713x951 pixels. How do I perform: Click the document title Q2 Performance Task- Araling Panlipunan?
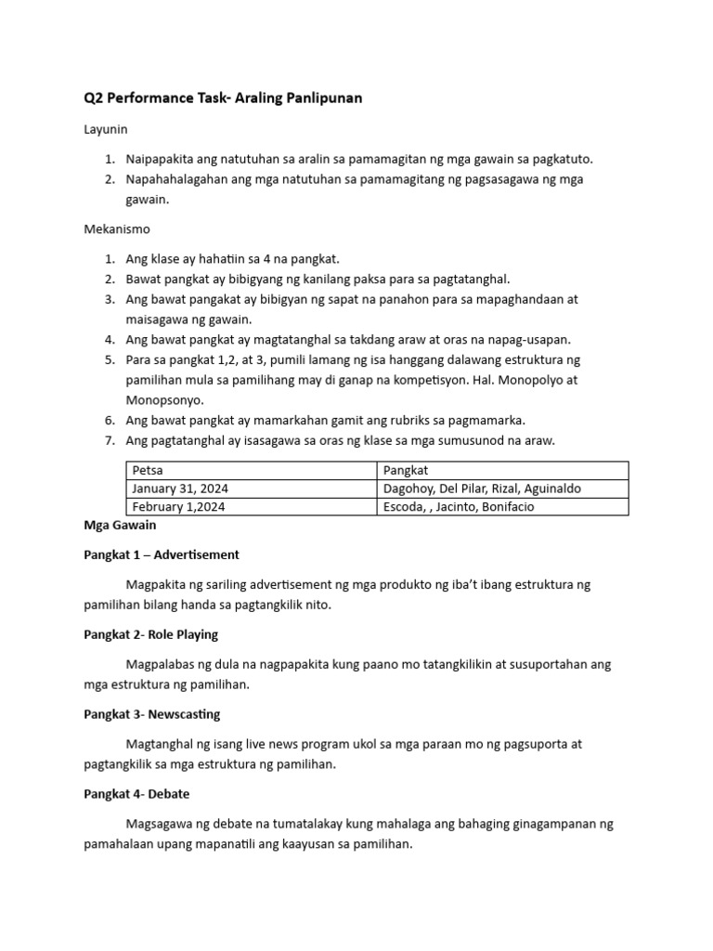point(223,98)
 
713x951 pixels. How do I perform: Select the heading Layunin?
point(105,129)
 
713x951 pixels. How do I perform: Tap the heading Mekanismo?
point(116,228)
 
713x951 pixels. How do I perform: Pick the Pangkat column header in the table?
point(405,471)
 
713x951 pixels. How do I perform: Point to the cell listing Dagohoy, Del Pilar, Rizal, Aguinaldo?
point(482,489)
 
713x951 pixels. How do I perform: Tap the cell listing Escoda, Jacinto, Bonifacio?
point(459,506)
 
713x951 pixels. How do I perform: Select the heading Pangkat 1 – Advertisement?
point(162,554)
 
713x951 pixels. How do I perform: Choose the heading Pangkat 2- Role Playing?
point(151,634)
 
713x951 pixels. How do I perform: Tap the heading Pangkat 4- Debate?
point(136,794)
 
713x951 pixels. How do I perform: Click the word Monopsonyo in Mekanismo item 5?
point(164,399)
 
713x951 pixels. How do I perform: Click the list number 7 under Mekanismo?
point(109,440)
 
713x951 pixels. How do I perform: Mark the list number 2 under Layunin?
point(109,179)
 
